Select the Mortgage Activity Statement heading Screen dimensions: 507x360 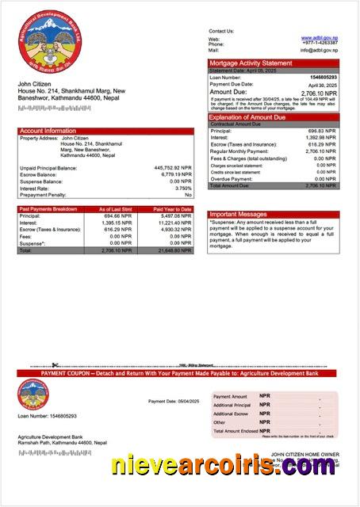click(x=251, y=63)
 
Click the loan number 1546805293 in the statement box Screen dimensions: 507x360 click(x=323, y=78)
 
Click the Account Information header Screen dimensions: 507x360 click(x=48, y=131)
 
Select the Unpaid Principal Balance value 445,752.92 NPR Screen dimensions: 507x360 click(x=172, y=168)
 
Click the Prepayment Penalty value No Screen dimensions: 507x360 click(x=188, y=194)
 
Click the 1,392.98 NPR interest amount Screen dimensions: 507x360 click(x=321, y=137)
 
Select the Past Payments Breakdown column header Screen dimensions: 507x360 click(x=48, y=209)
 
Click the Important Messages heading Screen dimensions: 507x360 click(x=239, y=215)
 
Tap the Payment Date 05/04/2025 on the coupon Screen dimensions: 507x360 click(x=174, y=402)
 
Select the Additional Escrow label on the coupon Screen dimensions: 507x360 click(x=231, y=414)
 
